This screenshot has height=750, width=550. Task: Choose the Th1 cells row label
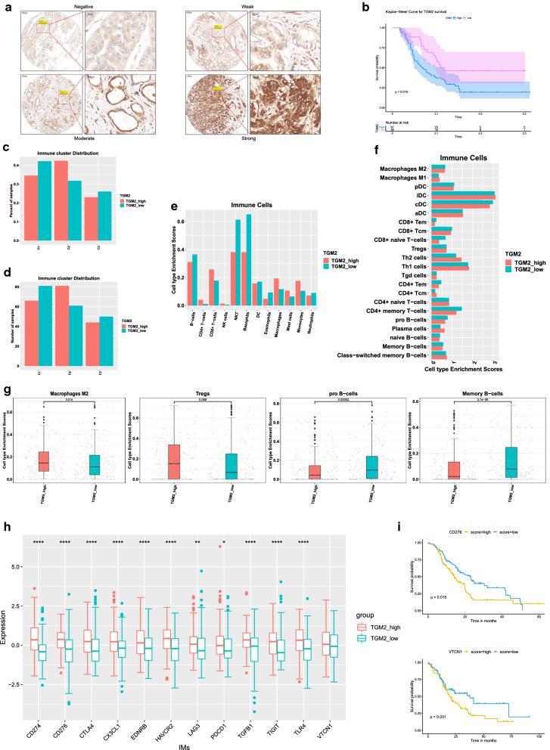coord(415,266)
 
